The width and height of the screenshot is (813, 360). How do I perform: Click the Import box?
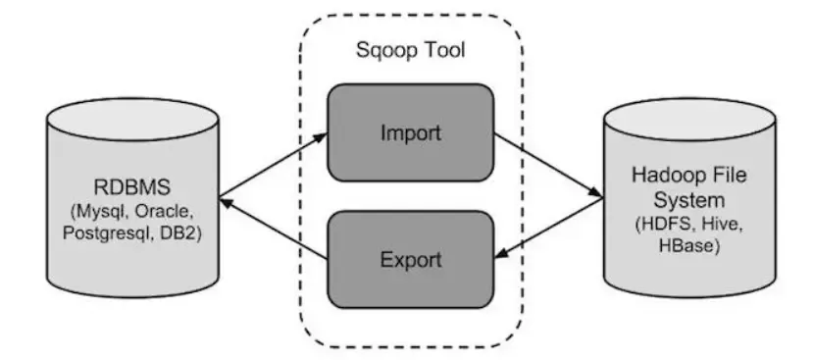pyautogui.click(x=410, y=131)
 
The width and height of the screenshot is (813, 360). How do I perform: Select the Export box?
pyautogui.click(x=410, y=260)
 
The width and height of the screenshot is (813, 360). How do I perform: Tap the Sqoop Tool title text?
pyautogui.click(x=410, y=48)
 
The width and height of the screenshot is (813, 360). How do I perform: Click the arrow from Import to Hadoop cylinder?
pyautogui.click(x=547, y=165)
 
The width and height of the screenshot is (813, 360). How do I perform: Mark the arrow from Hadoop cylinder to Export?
pyautogui.click(x=547, y=228)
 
